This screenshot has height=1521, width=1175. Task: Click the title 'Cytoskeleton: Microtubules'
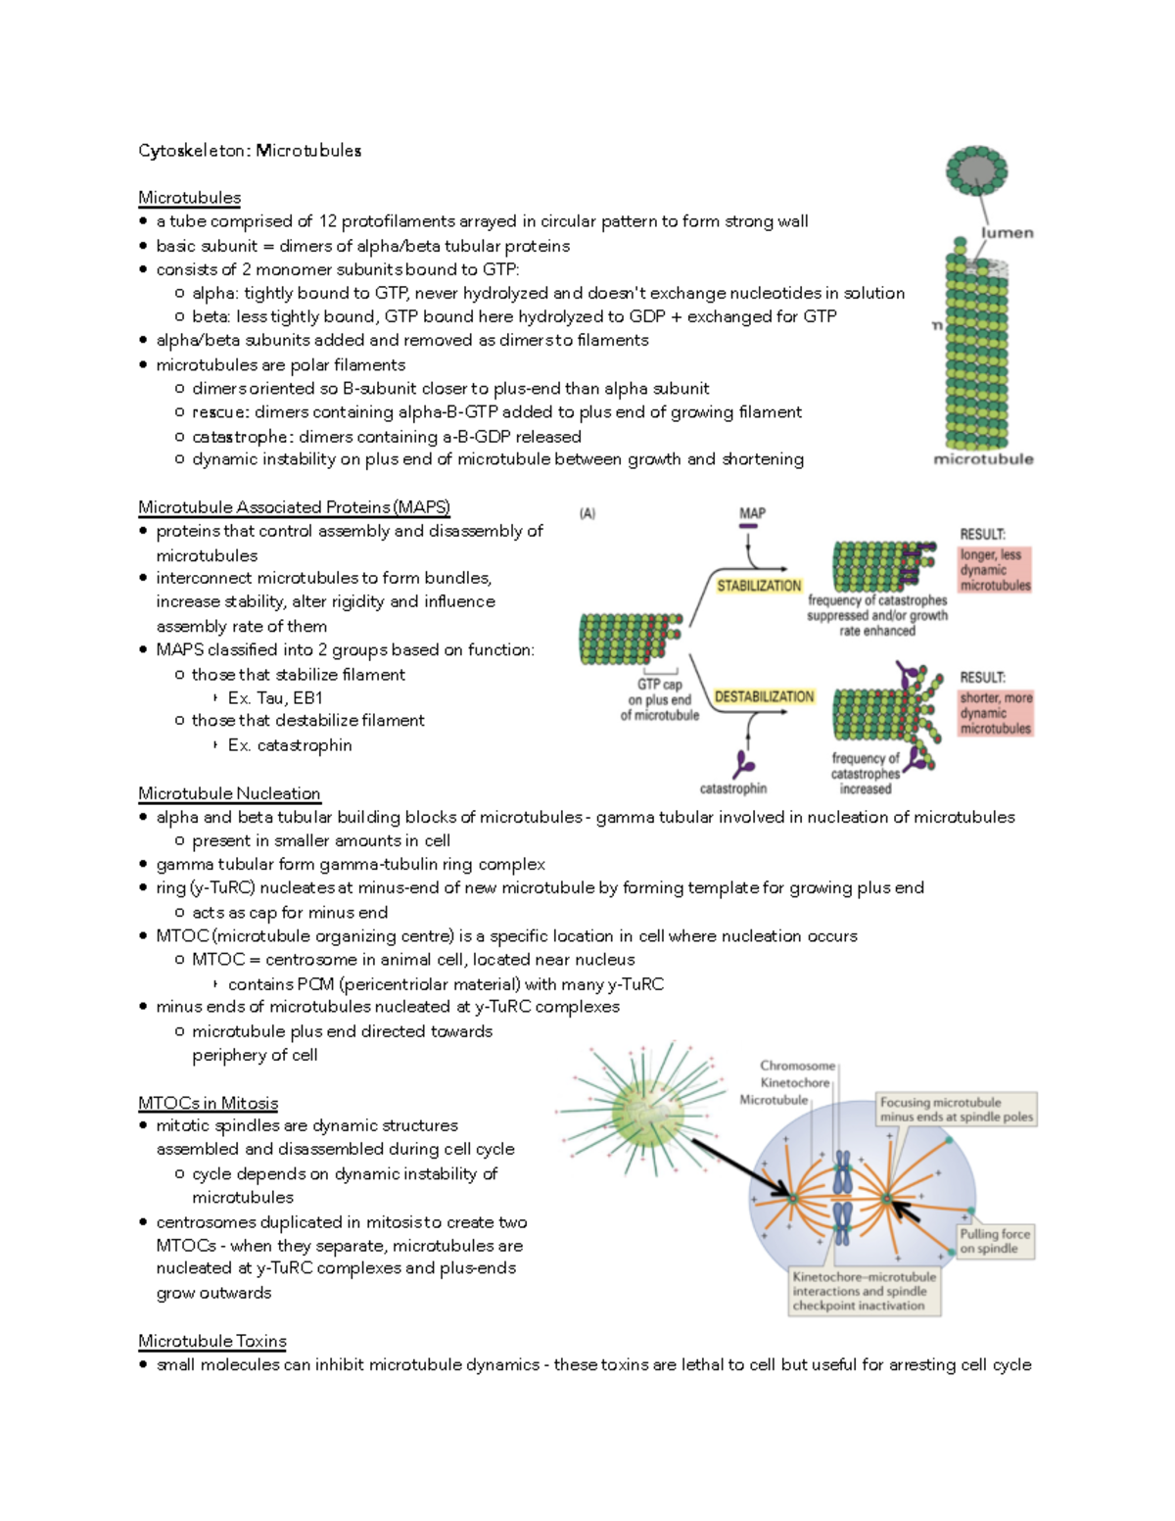click(250, 151)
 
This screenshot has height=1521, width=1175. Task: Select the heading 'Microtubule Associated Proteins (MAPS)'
click(294, 507)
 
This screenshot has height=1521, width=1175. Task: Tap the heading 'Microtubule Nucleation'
click(229, 793)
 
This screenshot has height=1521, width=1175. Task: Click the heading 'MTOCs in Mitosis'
click(208, 1103)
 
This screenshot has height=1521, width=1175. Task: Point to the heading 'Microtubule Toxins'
click(211, 1341)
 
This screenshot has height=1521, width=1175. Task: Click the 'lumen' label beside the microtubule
click(1007, 233)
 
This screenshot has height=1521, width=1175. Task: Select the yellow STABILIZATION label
click(759, 586)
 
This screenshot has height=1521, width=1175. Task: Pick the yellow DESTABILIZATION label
click(764, 696)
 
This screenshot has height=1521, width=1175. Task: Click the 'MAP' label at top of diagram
click(752, 513)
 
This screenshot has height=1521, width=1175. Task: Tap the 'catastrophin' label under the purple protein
click(732, 788)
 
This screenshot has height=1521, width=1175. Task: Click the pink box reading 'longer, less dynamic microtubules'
click(995, 570)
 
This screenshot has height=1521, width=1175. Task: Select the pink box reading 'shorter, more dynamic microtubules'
click(995, 713)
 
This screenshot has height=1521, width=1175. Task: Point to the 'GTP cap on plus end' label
click(660, 699)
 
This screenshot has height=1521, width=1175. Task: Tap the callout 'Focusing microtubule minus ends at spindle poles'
click(955, 1110)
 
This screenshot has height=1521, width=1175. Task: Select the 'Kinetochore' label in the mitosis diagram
click(794, 1083)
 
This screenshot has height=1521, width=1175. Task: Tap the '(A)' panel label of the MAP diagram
click(587, 513)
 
